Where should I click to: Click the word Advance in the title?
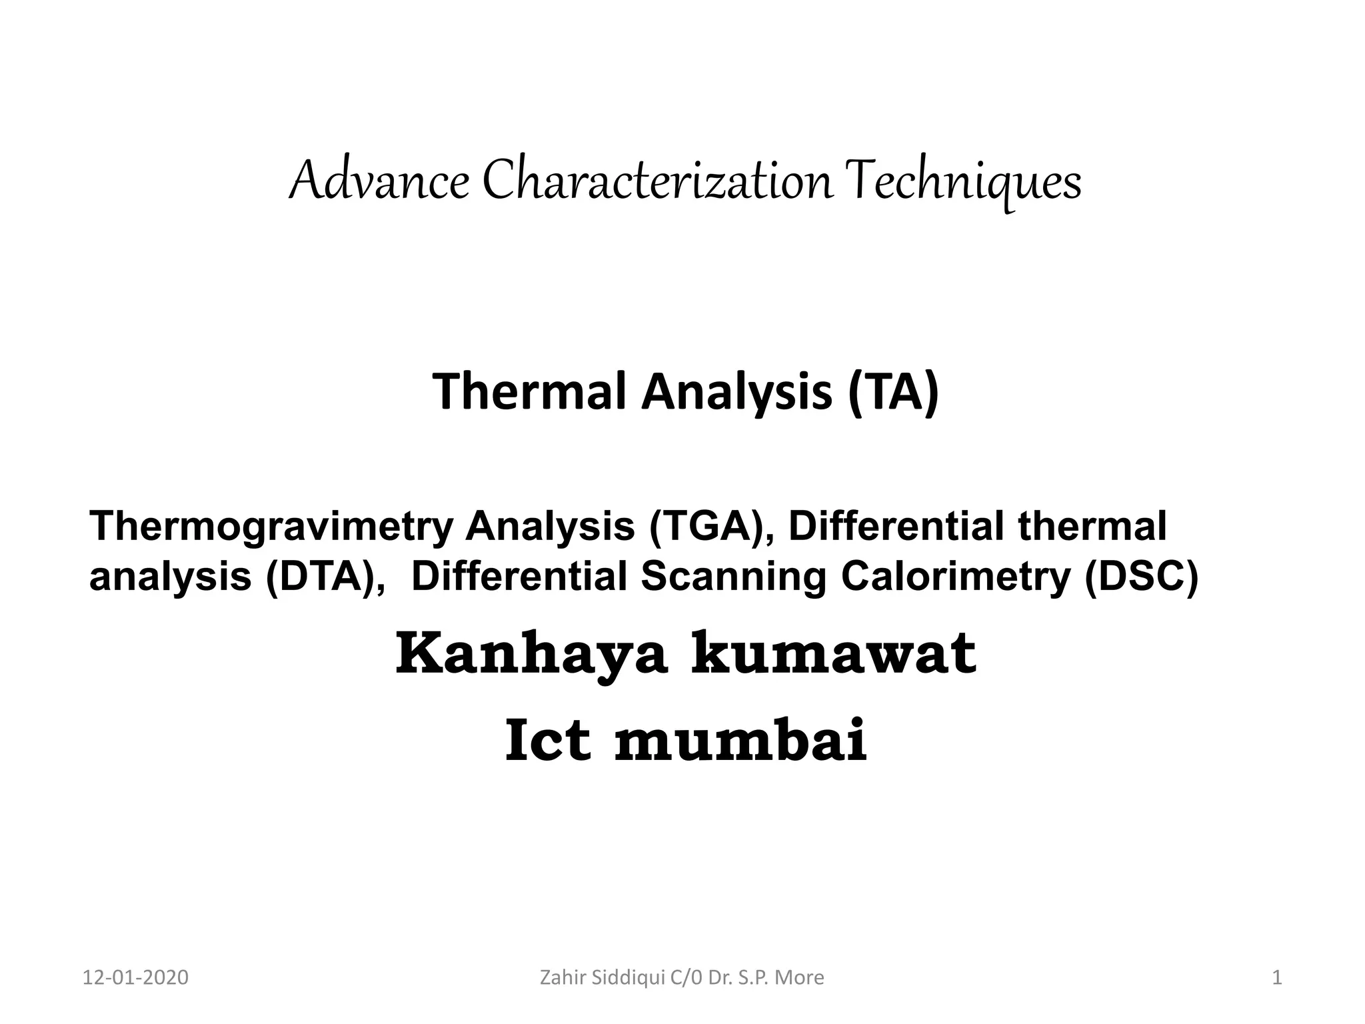pyautogui.click(x=379, y=182)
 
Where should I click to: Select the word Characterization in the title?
pyautogui.click(x=657, y=182)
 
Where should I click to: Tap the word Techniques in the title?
pyautogui.click(x=965, y=182)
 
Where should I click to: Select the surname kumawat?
pyautogui.click(x=833, y=655)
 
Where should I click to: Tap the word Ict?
pyautogui.click(x=548, y=741)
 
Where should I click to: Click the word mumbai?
pyautogui.click(x=740, y=741)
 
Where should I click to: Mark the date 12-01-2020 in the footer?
pyautogui.click(x=135, y=978)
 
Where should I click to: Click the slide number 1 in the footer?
pyautogui.click(x=1277, y=978)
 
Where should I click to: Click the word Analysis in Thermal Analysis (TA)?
pyautogui.click(x=736, y=392)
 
